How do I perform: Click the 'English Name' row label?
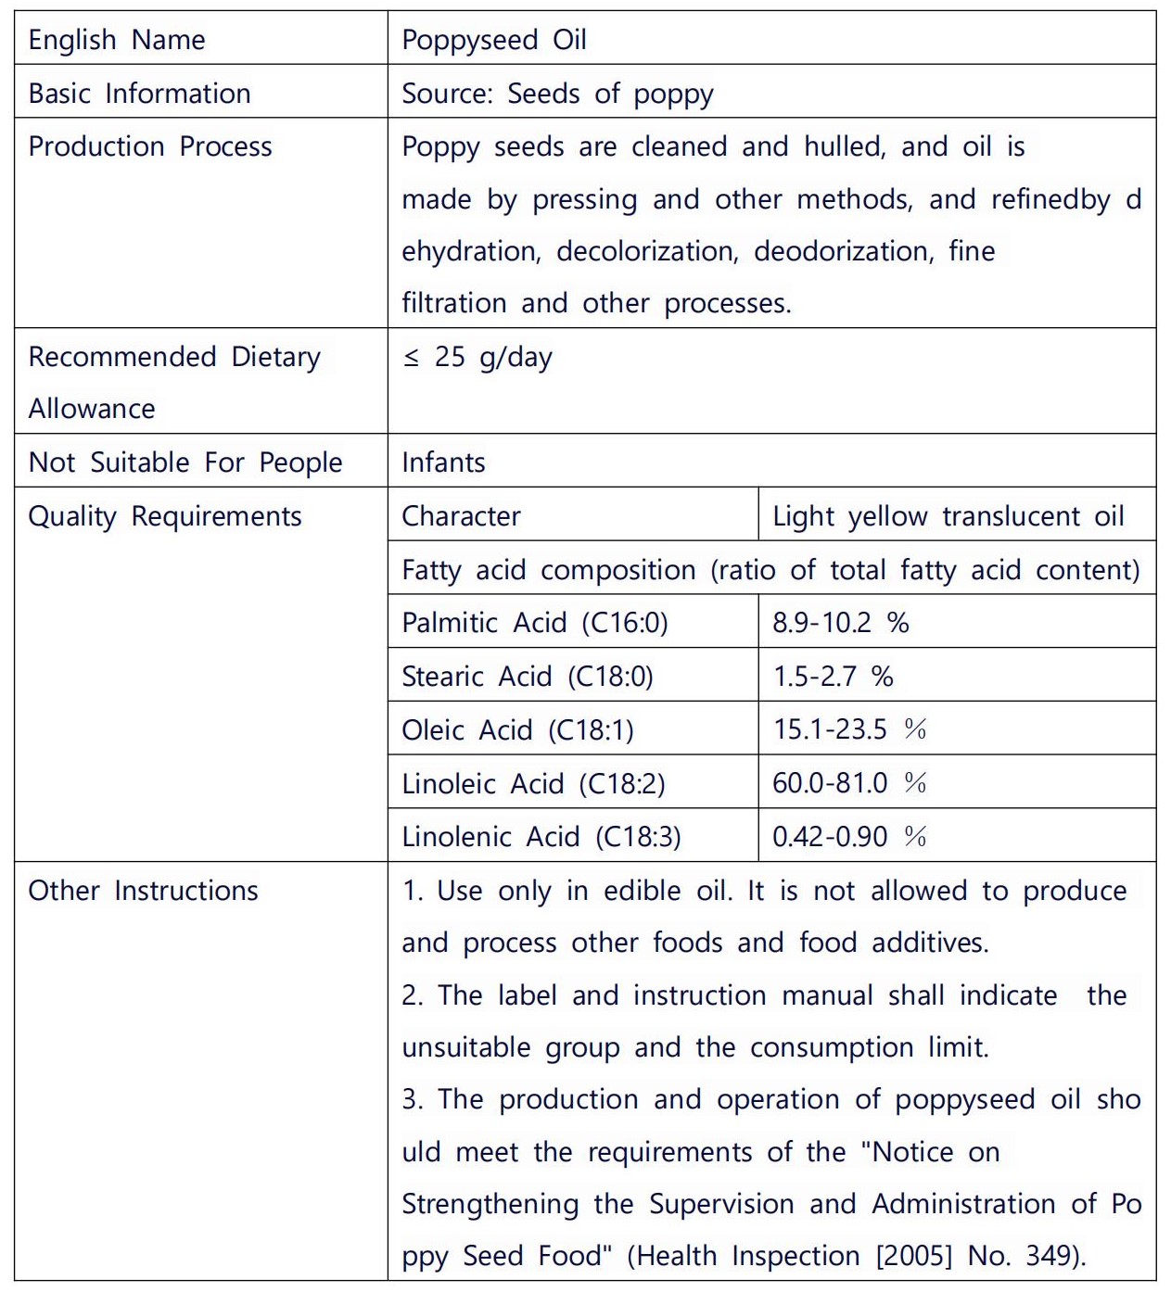pyautogui.click(x=117, y=40)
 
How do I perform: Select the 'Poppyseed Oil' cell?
pyautogui.click(x=494, y=40)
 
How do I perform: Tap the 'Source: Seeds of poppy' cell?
pyautogui.click(x=557, y=94)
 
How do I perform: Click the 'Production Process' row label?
pyautogui.click(x=150, y=146)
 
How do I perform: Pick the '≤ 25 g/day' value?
pyautogui.click(x=477, y=357)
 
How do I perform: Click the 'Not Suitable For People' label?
pyautogui.click(x=185, y=462)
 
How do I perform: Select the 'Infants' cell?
pyautogui.click(x=443, y=462)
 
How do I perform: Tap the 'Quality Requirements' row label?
pyautogui.click(x=165, y=515)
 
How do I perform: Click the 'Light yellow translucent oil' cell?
pyautogui.click(x=948, y=515)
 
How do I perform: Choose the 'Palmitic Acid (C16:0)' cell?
pyautogui.click(x=535, y=622)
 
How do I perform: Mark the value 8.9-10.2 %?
pyautogui.click(x=840, y=622)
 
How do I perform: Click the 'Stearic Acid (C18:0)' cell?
pyautogui.click(x=528, y=676)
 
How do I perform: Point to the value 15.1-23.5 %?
pyautogui.click(x=849, y=729)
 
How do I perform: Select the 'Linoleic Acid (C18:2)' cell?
pyautogui.click(x=533, y=783)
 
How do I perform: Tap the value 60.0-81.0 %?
pyautogui.click(x=849, y=783)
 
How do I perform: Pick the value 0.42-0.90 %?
pyautogui.click(x=849, y=837)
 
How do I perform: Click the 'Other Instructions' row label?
pyautogui.click(x=144, y=890)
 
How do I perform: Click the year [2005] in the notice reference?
pyautogui.click(x=914, y=1256)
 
